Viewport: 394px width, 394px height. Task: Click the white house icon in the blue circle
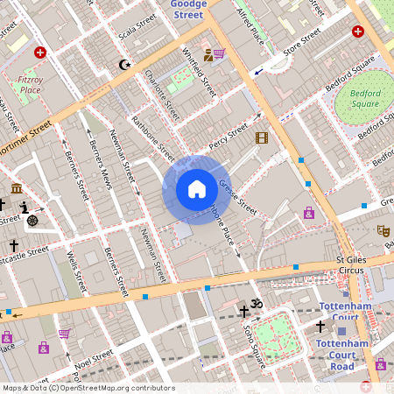pyautogui.click(x=197, y=188)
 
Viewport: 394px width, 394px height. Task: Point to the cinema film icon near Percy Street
pyautogui.click(x=261, y=137)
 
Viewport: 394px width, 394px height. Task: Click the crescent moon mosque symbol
pyautogui.click(x=124, y=65)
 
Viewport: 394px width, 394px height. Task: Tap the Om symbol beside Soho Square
pyautogui.click(x=257, y=305)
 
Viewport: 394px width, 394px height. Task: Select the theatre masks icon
pyautogui.click(x=383, y=231)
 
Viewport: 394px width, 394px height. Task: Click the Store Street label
pyautogui.click(x=303, y=39)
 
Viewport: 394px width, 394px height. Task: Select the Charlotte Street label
pyautogui.click(x=162, y=96)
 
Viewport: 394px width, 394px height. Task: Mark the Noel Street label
pyautogui.click(x=96, y=358)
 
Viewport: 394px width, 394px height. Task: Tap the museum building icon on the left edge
pyautogui.click(x=17, y=188)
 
